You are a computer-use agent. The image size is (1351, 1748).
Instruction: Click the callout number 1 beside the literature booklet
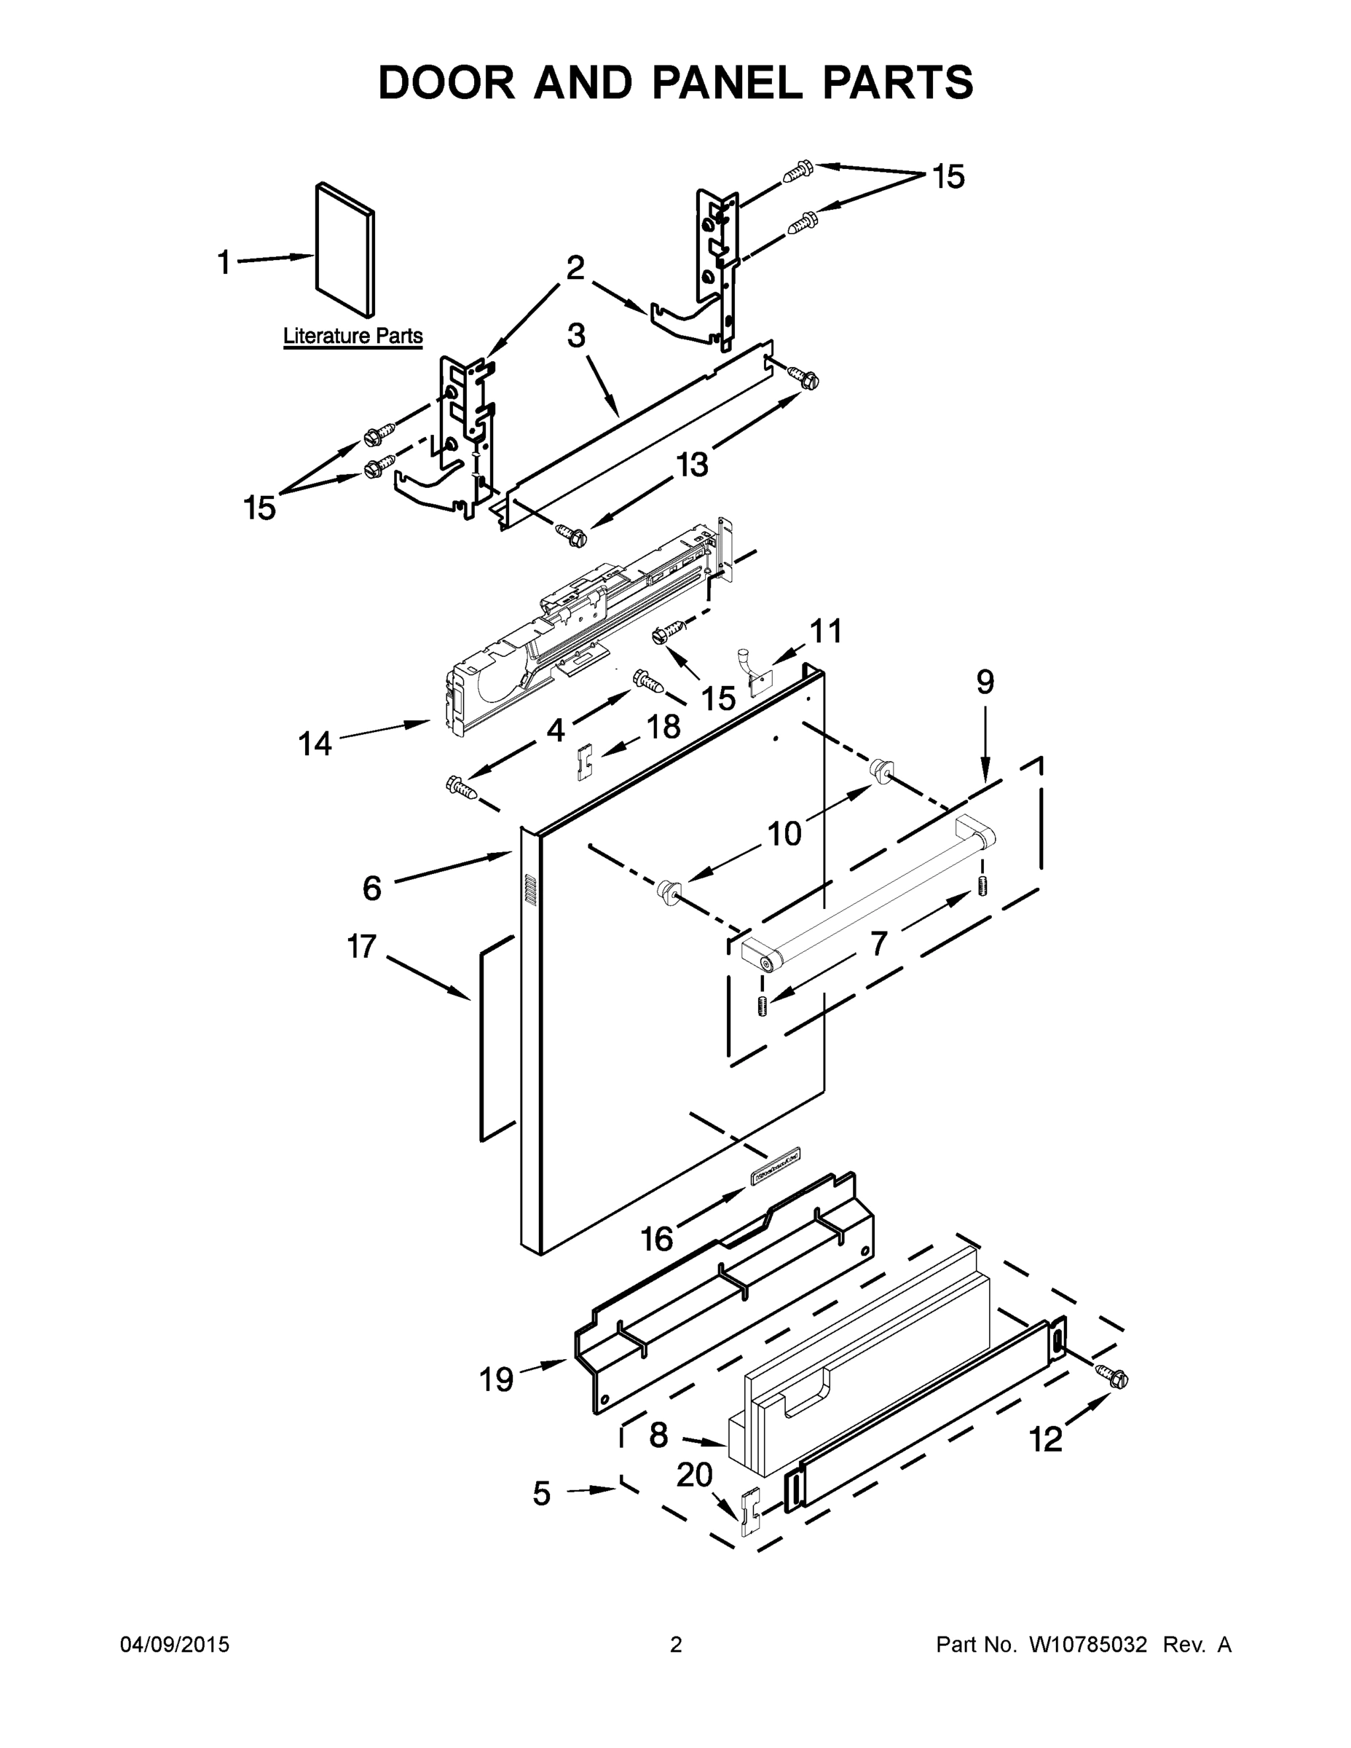click(x=224, y=261)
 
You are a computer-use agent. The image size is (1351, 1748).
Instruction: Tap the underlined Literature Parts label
click(x=353, y=336)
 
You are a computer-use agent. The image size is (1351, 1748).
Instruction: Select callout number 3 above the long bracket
click(x=576, y=336)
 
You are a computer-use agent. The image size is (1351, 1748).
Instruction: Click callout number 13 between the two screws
click(x=693, y=464)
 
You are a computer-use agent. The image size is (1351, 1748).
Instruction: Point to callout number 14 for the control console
click(x=315, y=744)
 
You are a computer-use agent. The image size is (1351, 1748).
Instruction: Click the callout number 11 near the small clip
click(x=826, y=631)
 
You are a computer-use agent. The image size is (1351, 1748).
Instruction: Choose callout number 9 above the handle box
click(x=985, y=682)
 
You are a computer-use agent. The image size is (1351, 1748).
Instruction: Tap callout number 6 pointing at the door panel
click(x=372, y=889)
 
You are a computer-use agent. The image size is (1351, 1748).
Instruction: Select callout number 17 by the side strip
click(x=362, y=947)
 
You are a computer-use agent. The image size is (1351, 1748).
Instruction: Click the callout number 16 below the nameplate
click(x=656, y=1240)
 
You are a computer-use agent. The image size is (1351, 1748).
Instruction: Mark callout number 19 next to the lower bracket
click(x=496, y=1379)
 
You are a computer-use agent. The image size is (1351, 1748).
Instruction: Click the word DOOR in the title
click(x=446, y=82)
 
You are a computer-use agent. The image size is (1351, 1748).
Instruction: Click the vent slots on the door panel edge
click(x=529, y=890)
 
